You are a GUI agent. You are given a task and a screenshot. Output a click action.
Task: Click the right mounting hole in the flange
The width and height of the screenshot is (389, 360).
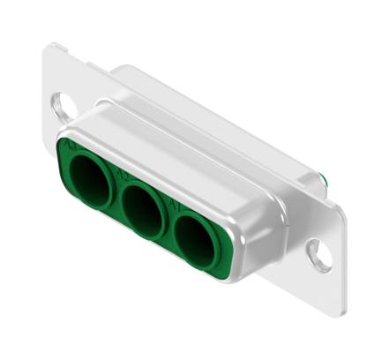(318, 254)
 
